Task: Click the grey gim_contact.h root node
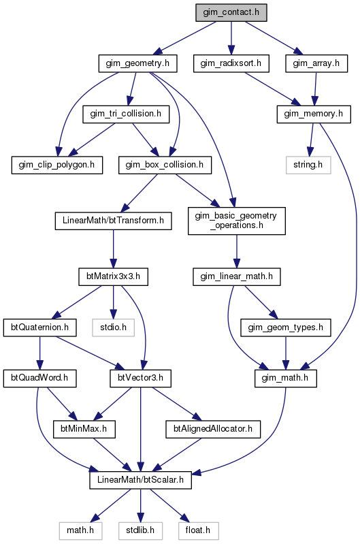(x=231, y=12)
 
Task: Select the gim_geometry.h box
(x=137, y=63)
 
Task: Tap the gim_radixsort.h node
(x=231, y=63)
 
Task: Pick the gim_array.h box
(x=316, y=63)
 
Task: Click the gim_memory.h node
(x=314, y=114)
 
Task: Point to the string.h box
(x=308, y=165)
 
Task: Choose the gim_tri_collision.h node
(x=126, y=114)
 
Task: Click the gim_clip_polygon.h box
(x=57, y=165)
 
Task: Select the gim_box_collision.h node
(x=165, y=165)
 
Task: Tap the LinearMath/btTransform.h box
(x=113, y=221)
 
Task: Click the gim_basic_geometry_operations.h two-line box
(x=237, y=221)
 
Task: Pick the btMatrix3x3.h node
(x=113, y=276)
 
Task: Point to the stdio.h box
(x=113, y=327)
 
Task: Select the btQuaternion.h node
(x=40, y=327)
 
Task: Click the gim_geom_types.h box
(x=285, y=327)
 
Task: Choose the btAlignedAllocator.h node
(x=213, y=429)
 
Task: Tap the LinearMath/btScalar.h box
(x=140, y=480)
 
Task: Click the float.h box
(x=199, y=531)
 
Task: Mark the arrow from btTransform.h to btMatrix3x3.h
(x=113, y=249)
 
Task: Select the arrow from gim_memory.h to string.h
(x=311, y=140)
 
